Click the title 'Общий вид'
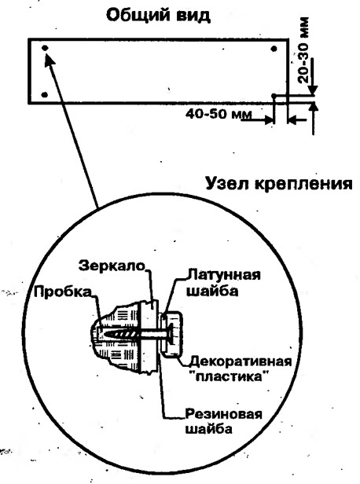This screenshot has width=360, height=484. point(158,15)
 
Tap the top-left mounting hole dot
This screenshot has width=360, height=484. point(45,48)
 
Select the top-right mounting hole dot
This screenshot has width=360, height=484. point(274,49)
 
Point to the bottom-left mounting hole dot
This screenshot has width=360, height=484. point(45,94)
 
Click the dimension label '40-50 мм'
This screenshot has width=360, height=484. point(219,114)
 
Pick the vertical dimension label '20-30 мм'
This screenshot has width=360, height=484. point(303,50)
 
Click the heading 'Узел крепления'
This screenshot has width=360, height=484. point(279,184)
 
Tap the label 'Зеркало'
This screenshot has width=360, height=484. point(112,266)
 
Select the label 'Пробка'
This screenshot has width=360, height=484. point(63,291)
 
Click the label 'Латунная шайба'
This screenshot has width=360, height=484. point(223,283)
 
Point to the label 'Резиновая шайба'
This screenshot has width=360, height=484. point(223,421)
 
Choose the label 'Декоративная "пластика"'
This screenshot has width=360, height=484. point(241,368)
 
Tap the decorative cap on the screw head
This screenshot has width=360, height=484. point(173,334)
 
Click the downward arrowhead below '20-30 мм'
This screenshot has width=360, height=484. point(313,90)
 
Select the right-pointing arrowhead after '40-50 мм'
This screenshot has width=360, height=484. point(270,119)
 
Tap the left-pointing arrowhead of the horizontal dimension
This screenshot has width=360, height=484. point(292,120)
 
